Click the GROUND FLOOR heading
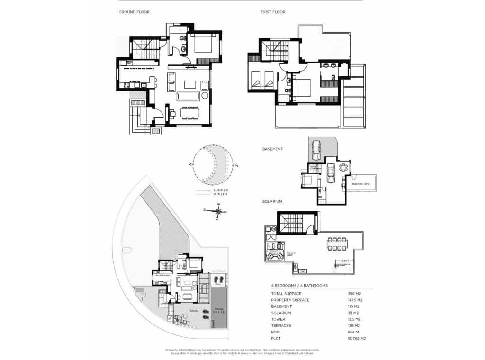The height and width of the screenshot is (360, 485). [134, 12]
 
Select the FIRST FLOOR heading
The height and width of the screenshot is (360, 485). [273, 12]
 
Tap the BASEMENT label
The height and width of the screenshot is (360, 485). [272, 149]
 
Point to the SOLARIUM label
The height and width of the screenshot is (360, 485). [272, 201]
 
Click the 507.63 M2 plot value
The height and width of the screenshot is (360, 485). [357, 339]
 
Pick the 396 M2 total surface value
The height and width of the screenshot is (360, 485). [354, 294]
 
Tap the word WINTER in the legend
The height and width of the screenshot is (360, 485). [220, 194]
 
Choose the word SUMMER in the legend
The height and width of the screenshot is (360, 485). [221, 190]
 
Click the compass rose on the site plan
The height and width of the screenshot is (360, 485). [217, 211]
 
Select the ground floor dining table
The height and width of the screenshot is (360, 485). [189, 113]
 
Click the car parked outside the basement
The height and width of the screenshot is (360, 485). [316, 151]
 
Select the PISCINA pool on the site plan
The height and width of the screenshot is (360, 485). [219, 308]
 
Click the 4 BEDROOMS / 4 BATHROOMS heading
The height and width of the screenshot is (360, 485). [299, 286]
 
